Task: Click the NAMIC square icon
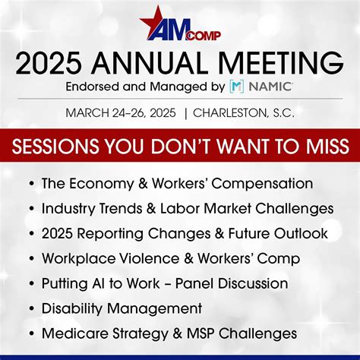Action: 237,87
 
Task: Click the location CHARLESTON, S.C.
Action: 244,113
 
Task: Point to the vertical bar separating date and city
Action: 185,113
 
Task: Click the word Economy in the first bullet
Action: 99,183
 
